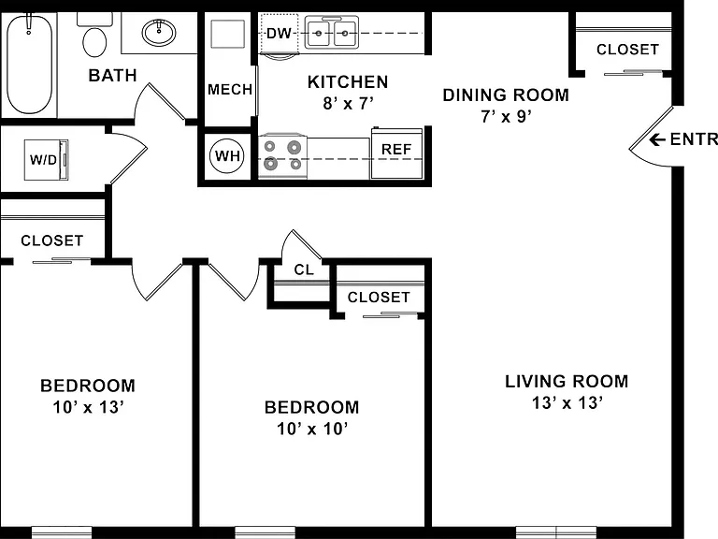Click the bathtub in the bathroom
pos(29,64)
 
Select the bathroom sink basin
pos(158,33)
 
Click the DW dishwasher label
pos(279,33)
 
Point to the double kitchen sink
pos(332,33)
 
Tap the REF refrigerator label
pos(396,149)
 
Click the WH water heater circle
pos(227,156)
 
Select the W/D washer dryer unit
pos(46,159)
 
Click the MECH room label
pos(230,89)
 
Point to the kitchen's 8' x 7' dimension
pos(348,104)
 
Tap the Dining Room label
pos(506,95)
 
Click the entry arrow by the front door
pos(657,139)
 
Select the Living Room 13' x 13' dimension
pos(567,403)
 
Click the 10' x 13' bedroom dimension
pos(89,407)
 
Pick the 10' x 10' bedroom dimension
pos(312,429)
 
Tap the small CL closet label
pos(304,269)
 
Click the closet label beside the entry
pos(627,49)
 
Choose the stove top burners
pos(282,155)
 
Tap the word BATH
pos(112,75)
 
